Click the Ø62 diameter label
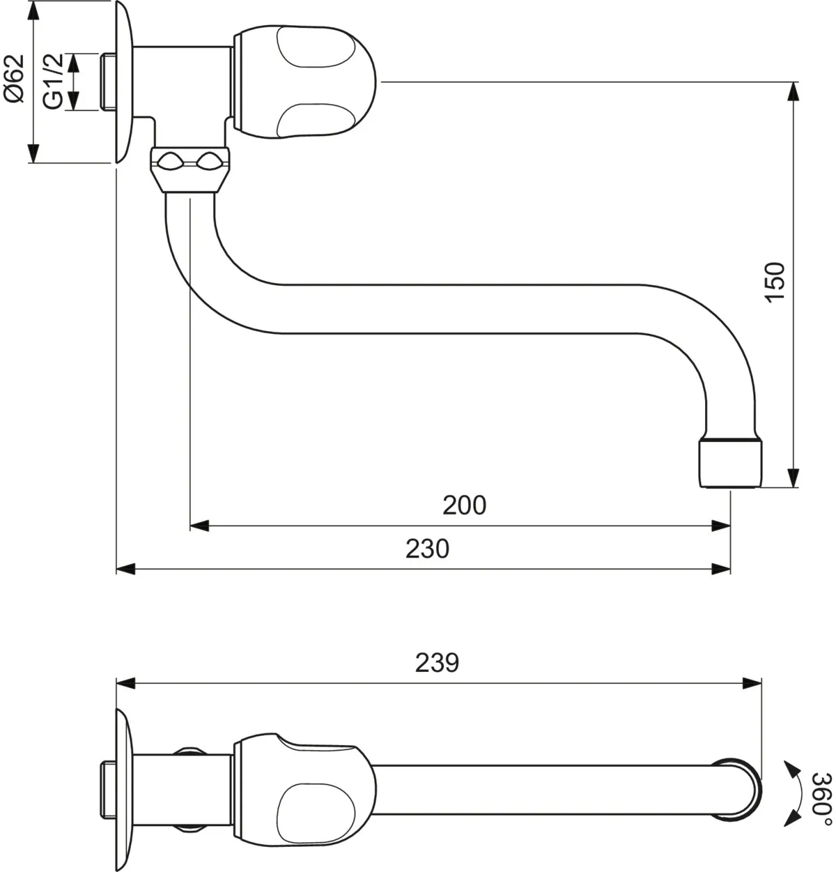[x=15, y=78]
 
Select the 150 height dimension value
[x=775, y=282]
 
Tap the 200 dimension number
[x=464, y=505]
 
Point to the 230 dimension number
[x=427, y=549]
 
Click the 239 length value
[x=437, y=662]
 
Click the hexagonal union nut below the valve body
[x=190, y=169]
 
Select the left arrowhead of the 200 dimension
[x=199, y=526]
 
